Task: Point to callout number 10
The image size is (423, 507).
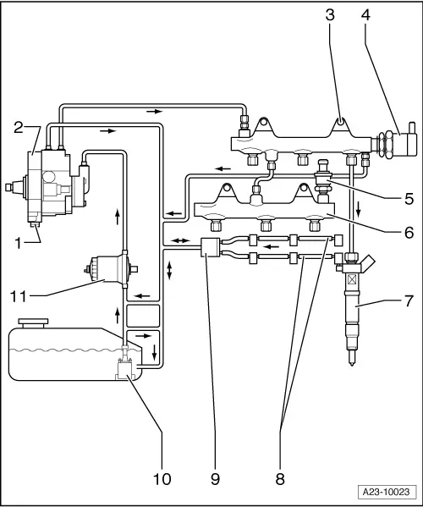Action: tap(161, 478)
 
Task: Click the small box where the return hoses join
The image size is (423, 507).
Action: tap(209, 248)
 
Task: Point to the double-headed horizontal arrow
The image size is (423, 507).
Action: tap(179, 241)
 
